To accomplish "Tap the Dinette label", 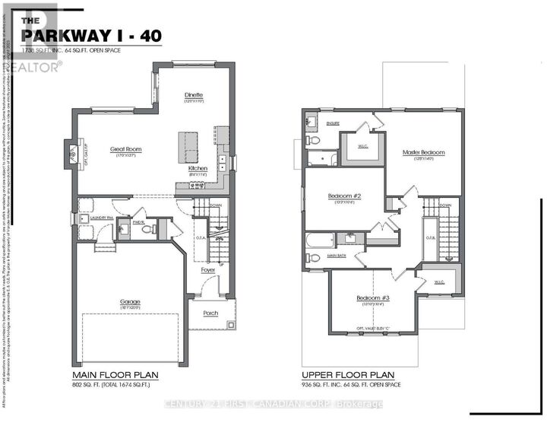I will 194,95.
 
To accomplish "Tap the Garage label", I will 130,302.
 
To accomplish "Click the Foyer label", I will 207,270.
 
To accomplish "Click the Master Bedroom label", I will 423,152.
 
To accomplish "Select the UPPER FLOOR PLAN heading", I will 348,375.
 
